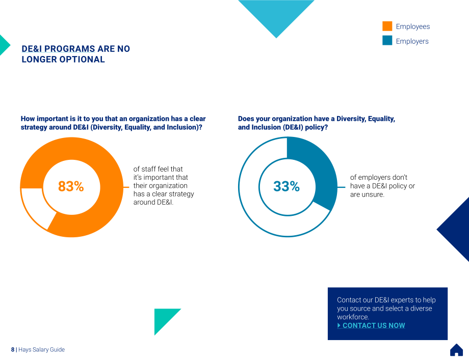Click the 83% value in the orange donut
(x=71, y=186)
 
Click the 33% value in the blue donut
(x=286, y=186)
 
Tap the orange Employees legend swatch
(x=387, y=26)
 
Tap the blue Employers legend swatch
(x=387, y=40)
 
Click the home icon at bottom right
(x=456, y=350)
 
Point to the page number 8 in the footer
(x=13, y=349)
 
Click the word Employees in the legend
(x=413, y=26)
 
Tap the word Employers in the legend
(x=412, y=41)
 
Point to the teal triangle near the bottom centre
(x=163, y=318)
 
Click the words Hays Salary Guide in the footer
(x=42, y=349)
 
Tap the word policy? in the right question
(x=317, y=127)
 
